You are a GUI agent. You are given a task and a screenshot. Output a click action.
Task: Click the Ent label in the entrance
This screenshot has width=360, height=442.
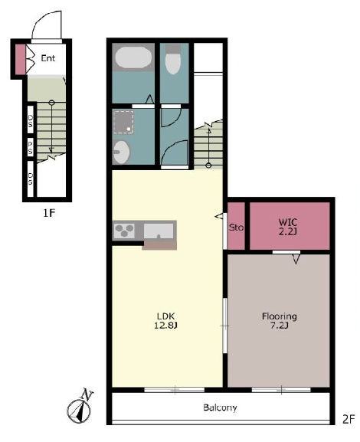point(48,58)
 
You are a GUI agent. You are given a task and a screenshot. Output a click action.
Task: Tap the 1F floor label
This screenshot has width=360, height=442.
point(48,213)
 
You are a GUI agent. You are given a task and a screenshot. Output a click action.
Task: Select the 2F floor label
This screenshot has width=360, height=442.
point(349,420)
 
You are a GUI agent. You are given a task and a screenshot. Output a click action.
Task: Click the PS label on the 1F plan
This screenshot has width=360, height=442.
point(30,148)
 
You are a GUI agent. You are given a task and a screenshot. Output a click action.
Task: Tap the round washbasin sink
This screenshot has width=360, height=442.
point(122,152)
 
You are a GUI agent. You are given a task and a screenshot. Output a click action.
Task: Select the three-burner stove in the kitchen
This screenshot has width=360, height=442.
point(124,230)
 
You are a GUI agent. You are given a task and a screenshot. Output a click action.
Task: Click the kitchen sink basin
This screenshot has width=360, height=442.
point(159,231)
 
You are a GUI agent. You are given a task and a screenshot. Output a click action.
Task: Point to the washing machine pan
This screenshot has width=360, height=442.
point(123,122)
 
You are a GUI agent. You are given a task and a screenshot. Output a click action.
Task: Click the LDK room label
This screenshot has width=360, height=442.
point(165,316)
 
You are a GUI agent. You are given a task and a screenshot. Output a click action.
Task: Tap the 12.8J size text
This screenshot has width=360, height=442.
point(165,326)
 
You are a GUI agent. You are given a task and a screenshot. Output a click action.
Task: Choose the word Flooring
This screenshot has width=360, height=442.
point(279,316)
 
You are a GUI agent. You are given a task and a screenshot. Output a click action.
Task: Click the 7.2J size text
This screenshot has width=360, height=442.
point(279,326)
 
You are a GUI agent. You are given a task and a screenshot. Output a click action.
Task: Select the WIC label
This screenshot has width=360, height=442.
point(288,222)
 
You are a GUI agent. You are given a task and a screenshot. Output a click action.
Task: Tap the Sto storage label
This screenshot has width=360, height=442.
point(236,228)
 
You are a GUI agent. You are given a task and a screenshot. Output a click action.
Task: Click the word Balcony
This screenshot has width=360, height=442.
point(220,408)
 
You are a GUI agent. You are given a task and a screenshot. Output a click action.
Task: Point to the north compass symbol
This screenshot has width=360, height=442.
point(80,406)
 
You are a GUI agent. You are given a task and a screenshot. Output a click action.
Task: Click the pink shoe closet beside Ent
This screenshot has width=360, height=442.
point(20,60)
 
